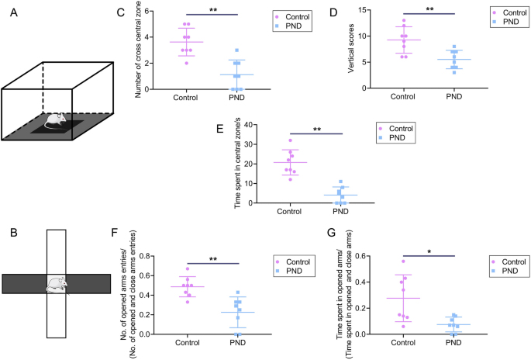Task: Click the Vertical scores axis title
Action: [344, 52]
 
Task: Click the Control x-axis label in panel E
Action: [289, 210]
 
